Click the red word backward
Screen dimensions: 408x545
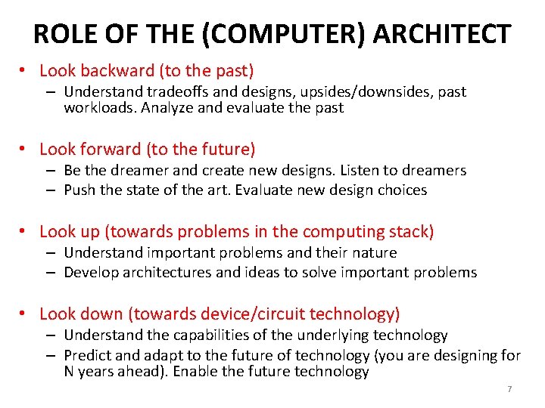tap(116, 71)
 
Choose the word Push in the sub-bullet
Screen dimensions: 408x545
tap(79, 190)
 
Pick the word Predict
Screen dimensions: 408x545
tap(89, 355)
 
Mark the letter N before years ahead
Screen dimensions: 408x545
tap(69, 371)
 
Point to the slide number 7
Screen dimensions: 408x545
tap(509, 389)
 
